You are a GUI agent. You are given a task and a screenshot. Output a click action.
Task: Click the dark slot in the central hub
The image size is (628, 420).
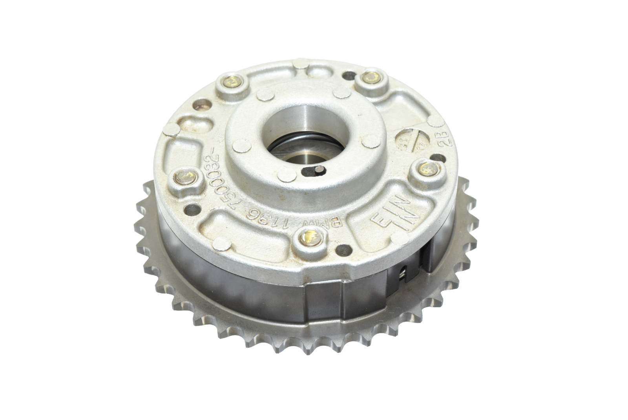(312, 172)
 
